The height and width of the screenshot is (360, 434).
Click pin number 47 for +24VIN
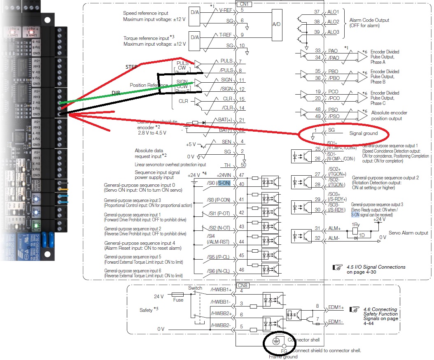click(x=242, y=175)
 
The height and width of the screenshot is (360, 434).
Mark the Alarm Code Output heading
click(x=369, y=20)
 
